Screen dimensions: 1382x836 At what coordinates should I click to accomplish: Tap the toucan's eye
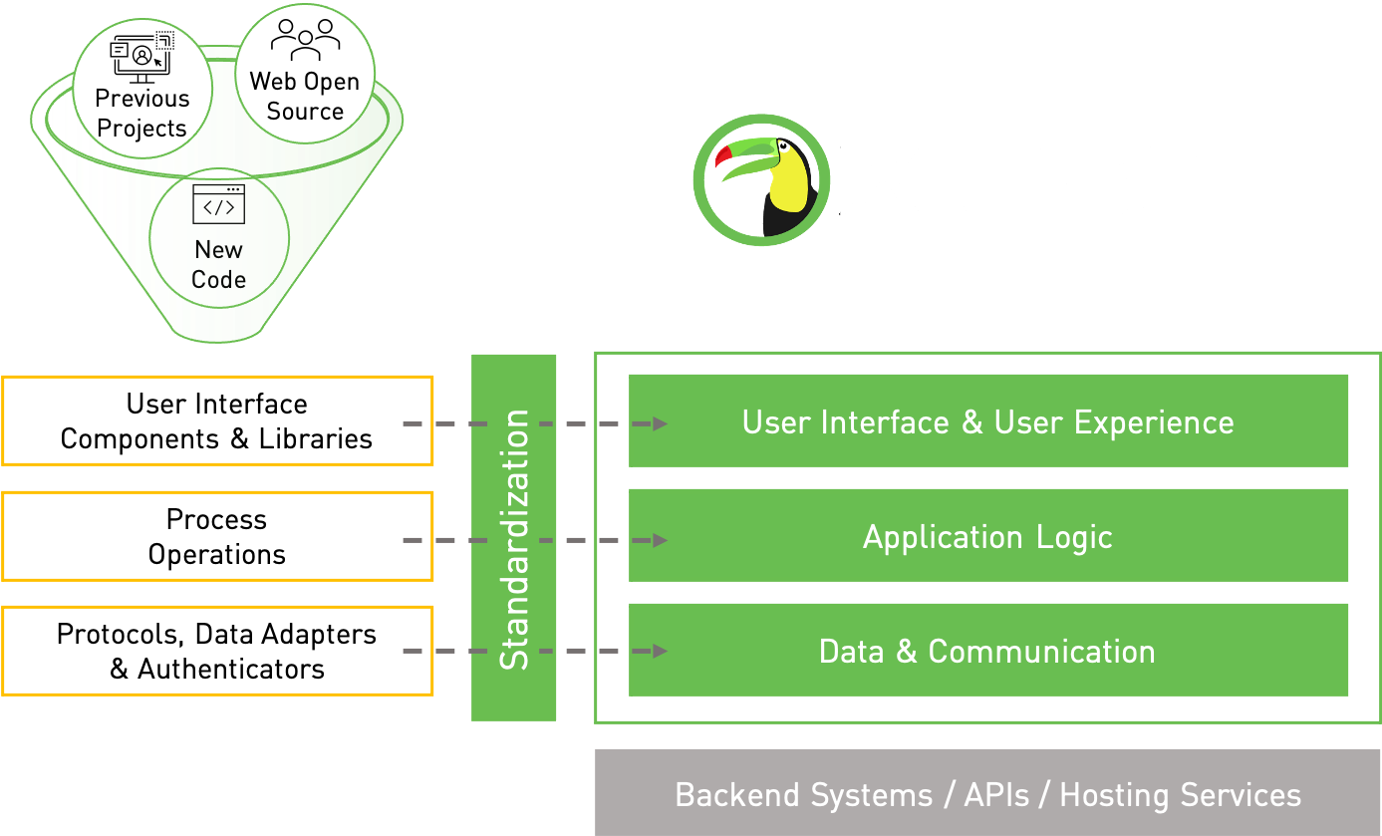point(783,146)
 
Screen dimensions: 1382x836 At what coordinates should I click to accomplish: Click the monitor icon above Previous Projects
point(141,58)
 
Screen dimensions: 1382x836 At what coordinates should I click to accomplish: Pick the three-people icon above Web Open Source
point(306,40)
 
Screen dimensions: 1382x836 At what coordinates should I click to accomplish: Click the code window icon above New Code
point(219,204)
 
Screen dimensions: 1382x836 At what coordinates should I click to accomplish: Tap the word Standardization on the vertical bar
point(514,539)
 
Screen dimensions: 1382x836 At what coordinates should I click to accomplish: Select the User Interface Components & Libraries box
point(217,420)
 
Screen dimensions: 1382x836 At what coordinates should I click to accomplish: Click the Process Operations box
point(217,536)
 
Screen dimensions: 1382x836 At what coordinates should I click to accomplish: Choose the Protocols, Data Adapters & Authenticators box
point(217,651)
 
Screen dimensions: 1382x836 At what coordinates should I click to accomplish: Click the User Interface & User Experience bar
point(987,420)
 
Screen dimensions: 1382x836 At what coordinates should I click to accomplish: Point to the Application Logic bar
point(987,535)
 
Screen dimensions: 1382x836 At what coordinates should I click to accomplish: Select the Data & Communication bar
point(987,651)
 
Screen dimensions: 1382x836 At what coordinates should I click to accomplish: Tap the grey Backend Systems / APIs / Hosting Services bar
point(987,793)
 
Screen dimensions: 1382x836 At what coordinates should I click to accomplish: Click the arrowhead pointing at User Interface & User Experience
point(661,423)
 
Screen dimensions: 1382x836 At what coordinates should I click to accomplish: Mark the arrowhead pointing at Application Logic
point(661,540)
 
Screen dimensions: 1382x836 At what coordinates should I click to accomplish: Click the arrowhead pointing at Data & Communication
point(661,651)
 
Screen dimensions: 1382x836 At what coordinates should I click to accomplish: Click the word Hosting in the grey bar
point(1114,796)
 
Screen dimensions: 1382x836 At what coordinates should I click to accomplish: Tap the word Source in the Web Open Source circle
point(305,112)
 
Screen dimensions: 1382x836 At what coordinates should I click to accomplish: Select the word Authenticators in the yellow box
point(231,670)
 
